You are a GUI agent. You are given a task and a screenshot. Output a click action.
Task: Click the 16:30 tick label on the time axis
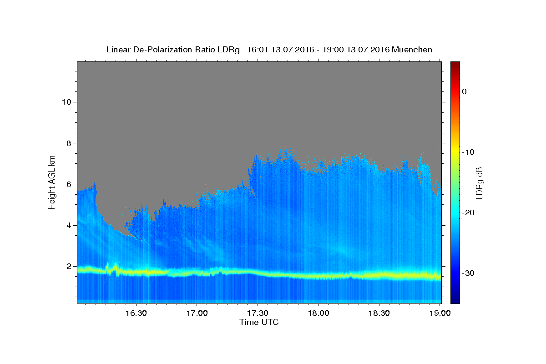pos(136,313)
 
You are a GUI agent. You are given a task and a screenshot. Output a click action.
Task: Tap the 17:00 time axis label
pos(197,313)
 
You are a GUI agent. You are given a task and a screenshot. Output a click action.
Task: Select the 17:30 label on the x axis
pos(258,313)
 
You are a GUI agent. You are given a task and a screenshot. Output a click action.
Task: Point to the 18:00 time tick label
pos(318,313)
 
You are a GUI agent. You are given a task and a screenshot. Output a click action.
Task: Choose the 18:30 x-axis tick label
pos(379,313)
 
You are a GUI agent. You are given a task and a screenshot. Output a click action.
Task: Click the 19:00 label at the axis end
pos(440,313)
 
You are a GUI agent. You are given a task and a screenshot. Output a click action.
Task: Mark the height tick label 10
pos(66,102)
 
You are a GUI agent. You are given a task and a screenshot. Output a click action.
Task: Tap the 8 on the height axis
pos(69,143)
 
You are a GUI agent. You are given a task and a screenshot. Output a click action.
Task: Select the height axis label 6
pos(69,184)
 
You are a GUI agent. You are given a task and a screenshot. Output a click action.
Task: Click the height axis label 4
pos(69,225)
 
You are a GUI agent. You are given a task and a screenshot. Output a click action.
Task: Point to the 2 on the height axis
pos(69,266)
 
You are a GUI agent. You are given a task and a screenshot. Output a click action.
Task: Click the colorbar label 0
pos(465,91)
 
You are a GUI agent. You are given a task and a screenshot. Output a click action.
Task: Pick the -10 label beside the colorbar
pos(468,152)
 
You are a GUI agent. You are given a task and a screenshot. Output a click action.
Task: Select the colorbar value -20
pos(468,212)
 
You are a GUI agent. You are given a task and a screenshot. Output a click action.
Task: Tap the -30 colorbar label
pos(468,273)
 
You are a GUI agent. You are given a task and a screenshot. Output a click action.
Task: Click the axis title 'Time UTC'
pos(259,322)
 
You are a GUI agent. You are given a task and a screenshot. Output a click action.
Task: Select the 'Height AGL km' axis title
pos(52,182)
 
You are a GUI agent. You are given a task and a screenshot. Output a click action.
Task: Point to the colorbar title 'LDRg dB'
pos(479,183)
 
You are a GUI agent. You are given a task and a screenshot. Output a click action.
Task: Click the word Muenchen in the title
pos(412,50)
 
